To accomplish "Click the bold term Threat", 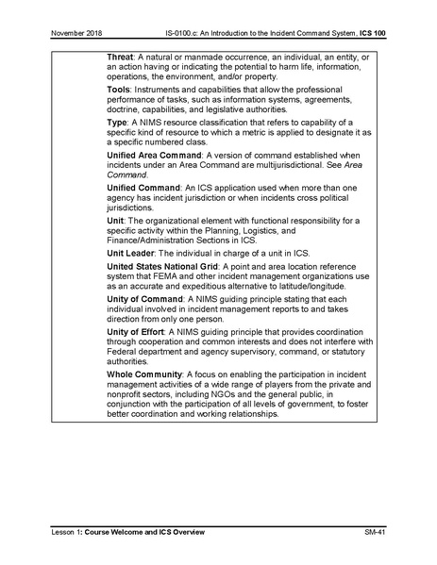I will (x=124, y=58).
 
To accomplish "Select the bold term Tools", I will (x=122, y=91).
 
